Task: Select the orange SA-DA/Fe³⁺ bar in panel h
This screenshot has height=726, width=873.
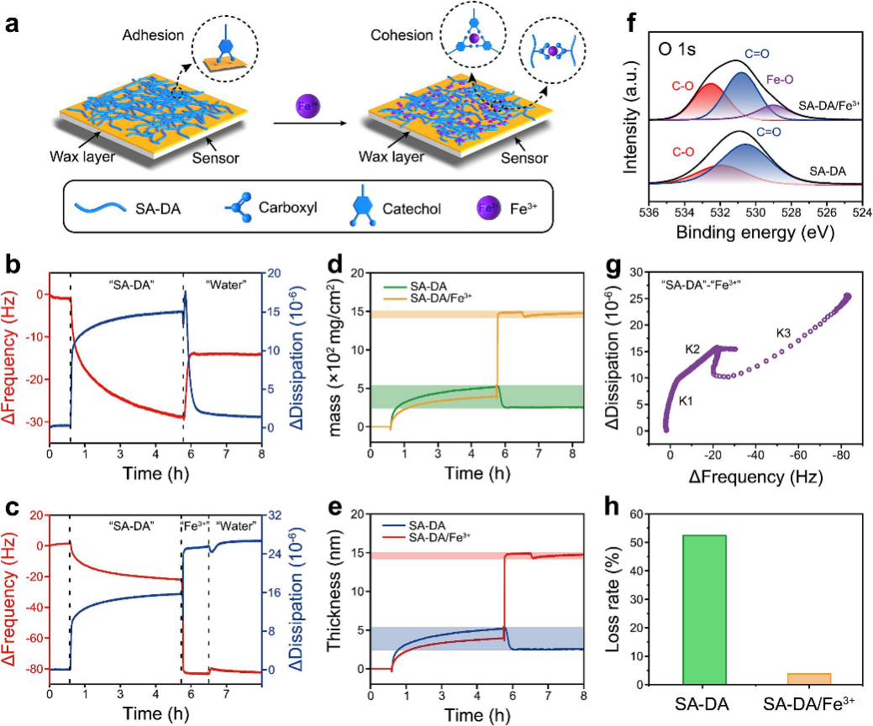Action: tap(810, 678)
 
